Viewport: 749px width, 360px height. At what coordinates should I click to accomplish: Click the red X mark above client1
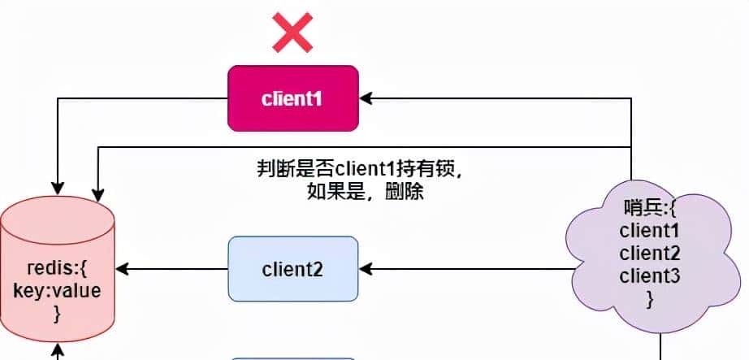click(x=292, y=33)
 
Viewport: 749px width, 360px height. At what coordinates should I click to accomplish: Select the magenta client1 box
click(x=292, y=98)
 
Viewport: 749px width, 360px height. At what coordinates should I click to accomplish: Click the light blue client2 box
click(x=292, y=268)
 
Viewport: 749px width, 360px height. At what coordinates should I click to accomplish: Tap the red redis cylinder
click(x=57, y=268)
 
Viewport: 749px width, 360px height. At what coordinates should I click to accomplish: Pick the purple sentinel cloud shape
click(x=650, y=252)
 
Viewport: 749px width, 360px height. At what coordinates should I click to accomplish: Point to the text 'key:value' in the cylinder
click(x=57, y=291)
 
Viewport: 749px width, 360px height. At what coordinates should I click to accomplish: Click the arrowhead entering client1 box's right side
click(x=365, y=98)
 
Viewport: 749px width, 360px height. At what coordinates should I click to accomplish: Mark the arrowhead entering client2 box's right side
click(x=365, y=268)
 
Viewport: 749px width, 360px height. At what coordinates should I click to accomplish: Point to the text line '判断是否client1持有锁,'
click(x=360, y=171)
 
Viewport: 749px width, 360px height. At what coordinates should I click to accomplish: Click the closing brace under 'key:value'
click(x=57, y=314)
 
